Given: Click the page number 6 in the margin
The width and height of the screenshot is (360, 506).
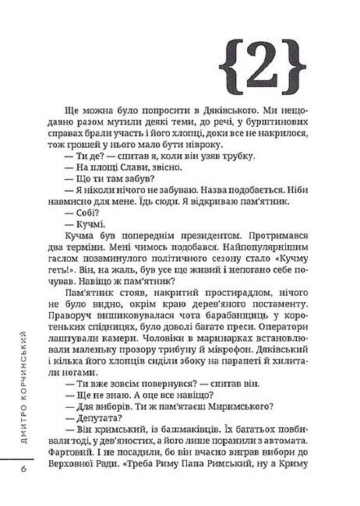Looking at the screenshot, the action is click(x=24, y=468).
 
